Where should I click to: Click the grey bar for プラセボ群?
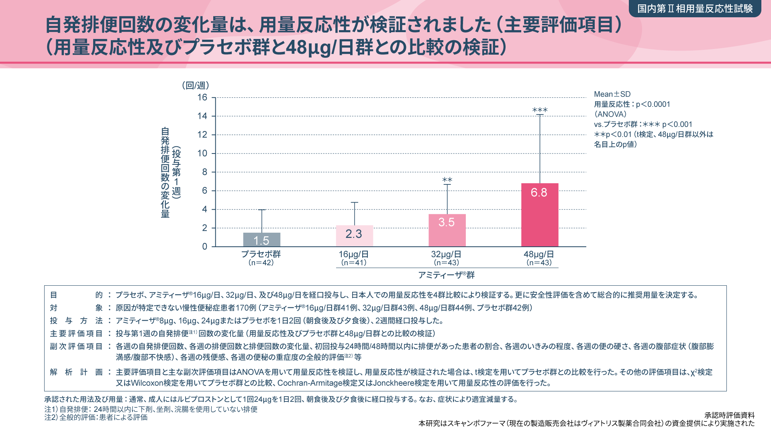[261, 240]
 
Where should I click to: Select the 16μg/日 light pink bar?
[354, 236]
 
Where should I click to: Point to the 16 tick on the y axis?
[202, 97]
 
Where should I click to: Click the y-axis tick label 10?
[202, 153]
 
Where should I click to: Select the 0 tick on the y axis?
[205, 246]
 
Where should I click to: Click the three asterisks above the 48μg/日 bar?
[540, 110]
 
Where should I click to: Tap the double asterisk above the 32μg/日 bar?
[447, 180]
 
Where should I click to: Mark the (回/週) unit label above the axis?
[196, 85]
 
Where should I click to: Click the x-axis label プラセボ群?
[261, 254]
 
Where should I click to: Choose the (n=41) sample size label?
[354, 263]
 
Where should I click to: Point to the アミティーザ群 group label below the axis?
[447, 275]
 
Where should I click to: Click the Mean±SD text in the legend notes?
[612, 94]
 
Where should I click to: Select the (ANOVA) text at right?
[610, 114]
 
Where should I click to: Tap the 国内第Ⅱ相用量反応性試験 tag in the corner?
[695, 8]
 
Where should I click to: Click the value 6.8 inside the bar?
[539, 192]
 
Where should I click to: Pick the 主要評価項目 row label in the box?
[76, 334]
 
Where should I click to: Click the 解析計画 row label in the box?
[76, 372]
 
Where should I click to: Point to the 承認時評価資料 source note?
[729, 415]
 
